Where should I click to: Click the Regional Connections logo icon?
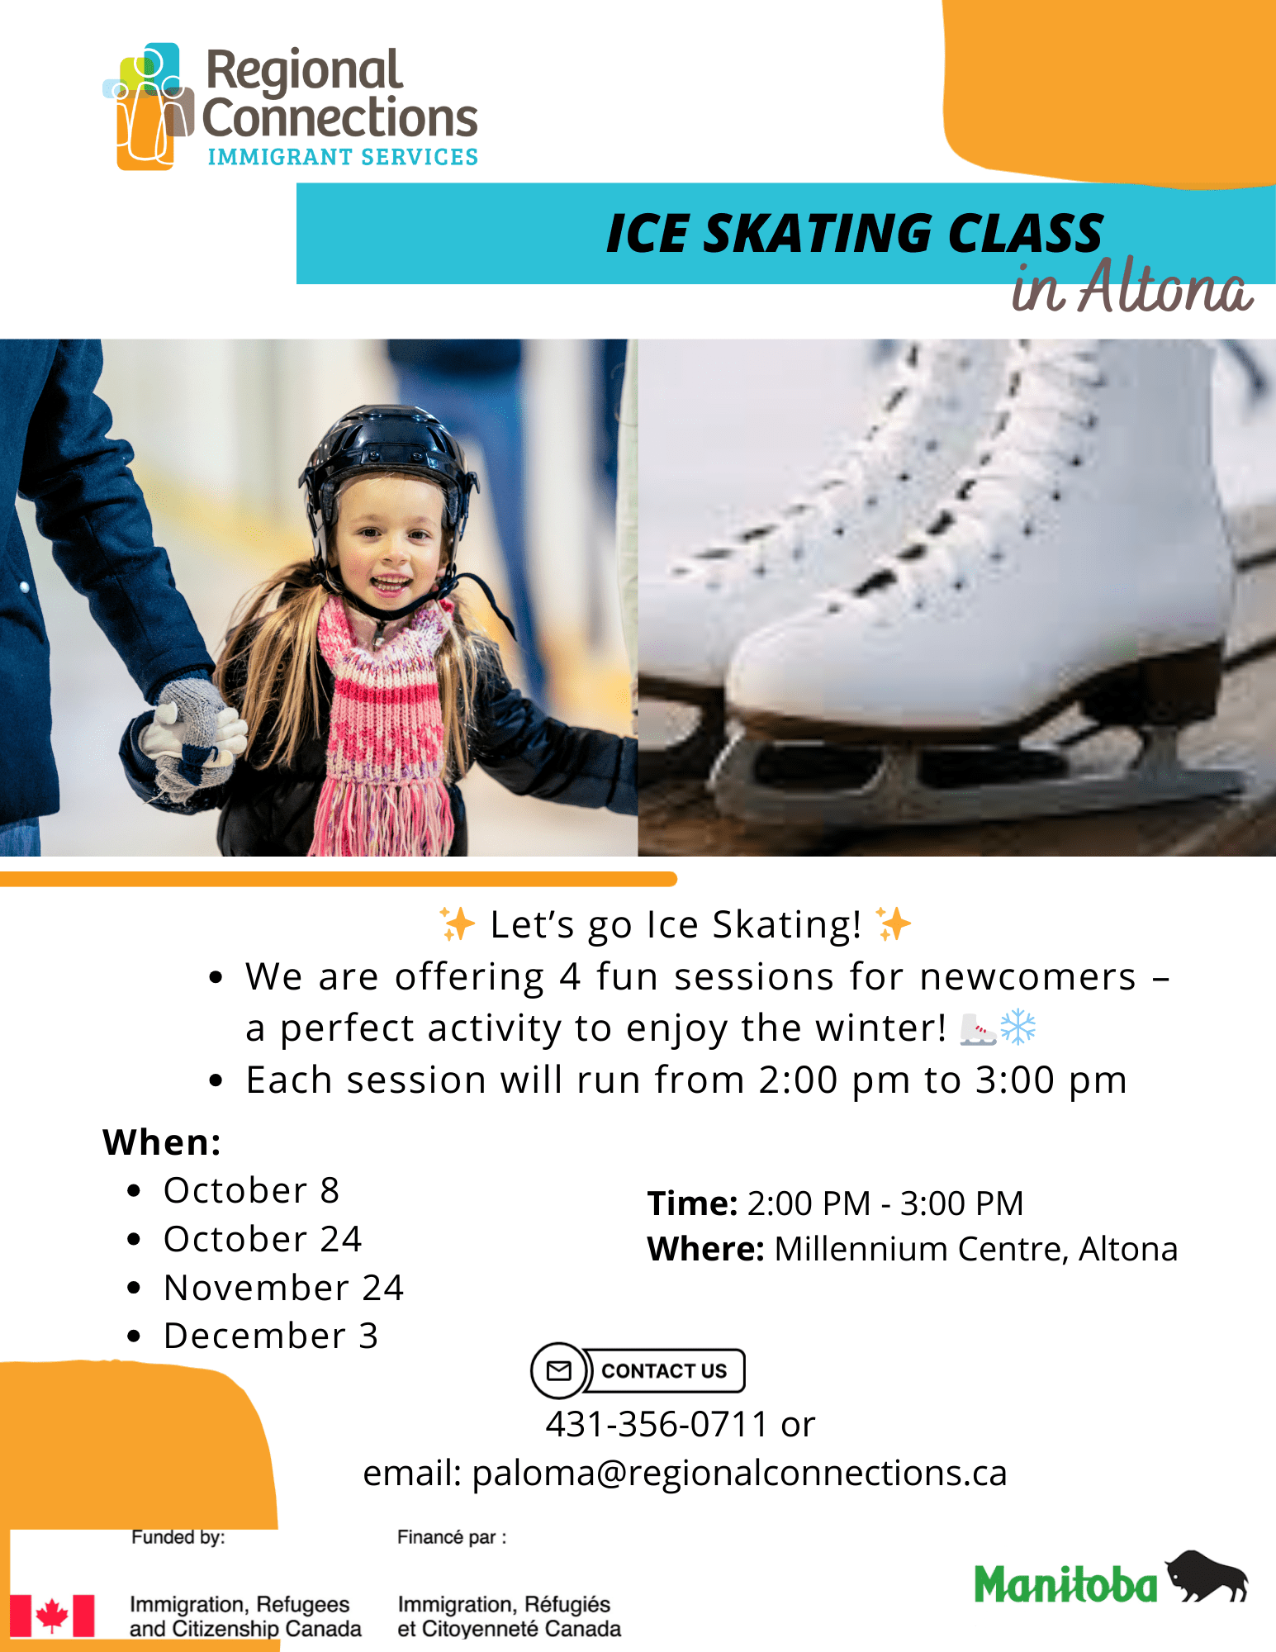pos(149,107)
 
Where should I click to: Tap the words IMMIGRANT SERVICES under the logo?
pos(343,157)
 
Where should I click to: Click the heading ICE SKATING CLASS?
pos(854,233)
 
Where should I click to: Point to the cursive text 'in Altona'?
pos(1132,287)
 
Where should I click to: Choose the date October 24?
pos(263,1239)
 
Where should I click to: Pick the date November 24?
pos(284,1288)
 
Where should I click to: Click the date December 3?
pos(271,1336)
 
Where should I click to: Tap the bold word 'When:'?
pos(162,1142)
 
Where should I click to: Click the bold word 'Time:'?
pos(692,1203)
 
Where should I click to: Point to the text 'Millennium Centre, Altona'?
pos(976,1249)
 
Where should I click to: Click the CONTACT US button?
pos(664,1371)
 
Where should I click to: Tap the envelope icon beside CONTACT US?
pos(559,1371)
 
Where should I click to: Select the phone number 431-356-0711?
pos(657,1424)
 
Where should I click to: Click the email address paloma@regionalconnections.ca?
pos(739,1474)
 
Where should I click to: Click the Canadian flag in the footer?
pos(52,1616)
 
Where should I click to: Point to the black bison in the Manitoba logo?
pos(1207,1576)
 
